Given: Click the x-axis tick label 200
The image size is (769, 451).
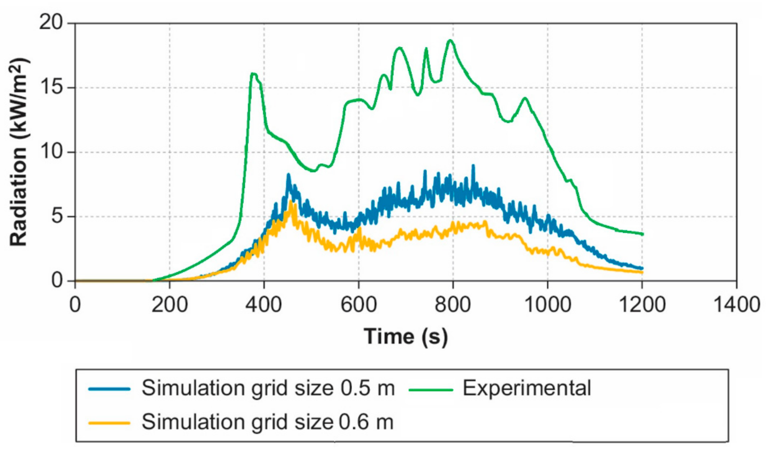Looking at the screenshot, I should pyautogui.click(x=169, y=305).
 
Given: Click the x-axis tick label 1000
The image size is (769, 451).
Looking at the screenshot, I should pyautogui.click(x=547, y=305).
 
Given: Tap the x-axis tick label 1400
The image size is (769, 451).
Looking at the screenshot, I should pyautogui.click(x=736, y=305).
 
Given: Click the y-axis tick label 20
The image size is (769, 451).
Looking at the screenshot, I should pyautogui.click(x=51, y=22).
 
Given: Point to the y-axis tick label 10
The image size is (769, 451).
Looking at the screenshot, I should pyautogui.click(x=51, y=152).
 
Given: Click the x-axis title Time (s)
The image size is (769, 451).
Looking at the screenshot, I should pyautogui.click(x=406, y=337).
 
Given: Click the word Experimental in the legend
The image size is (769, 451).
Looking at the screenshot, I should pyautogui.click(x=527, y=389).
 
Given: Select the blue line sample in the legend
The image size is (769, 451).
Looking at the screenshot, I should pyautogui.click(x=109, y=389).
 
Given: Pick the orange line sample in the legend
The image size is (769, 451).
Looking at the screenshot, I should pyautogui.click(x=109, y=423).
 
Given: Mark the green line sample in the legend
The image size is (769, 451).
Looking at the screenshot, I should pyautogui.click(x=430, y=389).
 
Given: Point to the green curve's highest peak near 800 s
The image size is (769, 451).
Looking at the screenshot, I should pyautogui.click(x=450, y=40).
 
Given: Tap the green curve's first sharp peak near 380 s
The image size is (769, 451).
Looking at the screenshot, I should pyautogui.click(x=253, y=74).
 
